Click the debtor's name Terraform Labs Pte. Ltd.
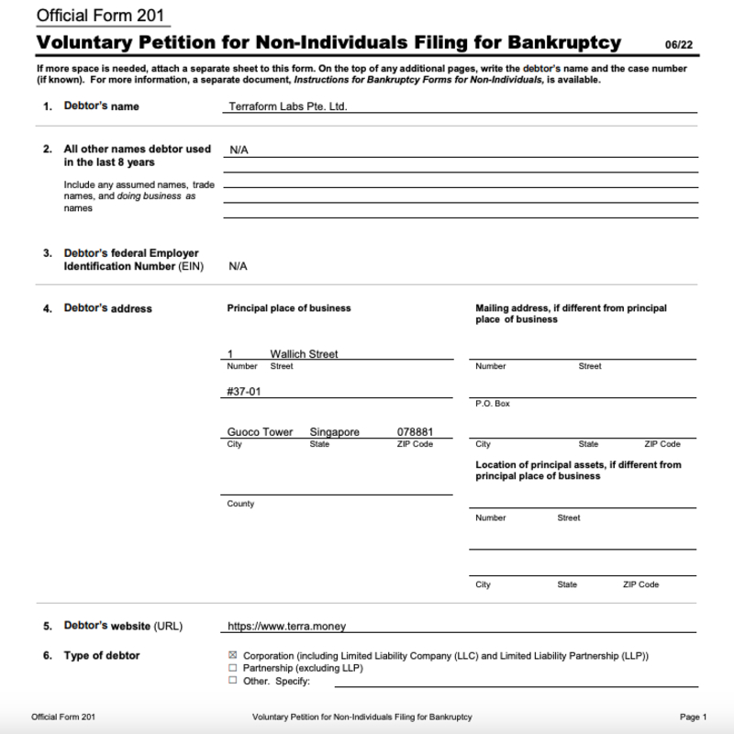point(287,106)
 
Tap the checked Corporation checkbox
point(232,656)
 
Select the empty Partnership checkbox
point(232,668)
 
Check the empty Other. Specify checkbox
point(232,681)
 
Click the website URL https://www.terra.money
point(286,627)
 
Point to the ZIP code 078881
point(415,432)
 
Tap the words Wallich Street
point(304,354)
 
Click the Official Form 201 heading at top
point(100,16)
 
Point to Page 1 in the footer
point(694,717)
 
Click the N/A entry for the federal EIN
point(239,266)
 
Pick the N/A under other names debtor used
point(239,150)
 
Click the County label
point(240,504)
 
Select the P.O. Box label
point(492,404)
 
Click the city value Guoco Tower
point(260,432)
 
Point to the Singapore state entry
point(334,432)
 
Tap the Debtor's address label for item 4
point(107,308)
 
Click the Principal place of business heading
point(288,308)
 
